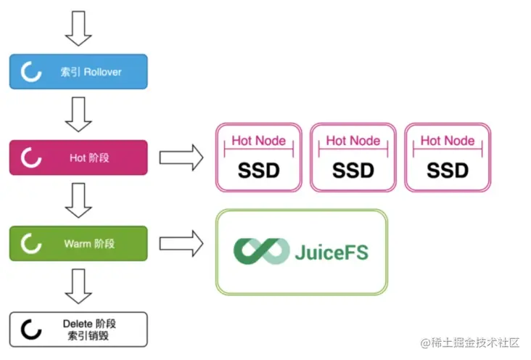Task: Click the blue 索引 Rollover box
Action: [x=78, y=72]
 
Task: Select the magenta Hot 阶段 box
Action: [x=78, y=157]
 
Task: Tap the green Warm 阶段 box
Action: [x=78, y=244]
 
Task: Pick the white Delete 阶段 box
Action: [x=78, y=330]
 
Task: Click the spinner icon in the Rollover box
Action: [x=30, y=72]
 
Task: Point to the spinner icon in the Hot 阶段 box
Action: [x=30, y=157]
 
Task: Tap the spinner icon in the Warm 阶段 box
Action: [x=30, y=244]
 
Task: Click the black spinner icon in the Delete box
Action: [x=30, y=330]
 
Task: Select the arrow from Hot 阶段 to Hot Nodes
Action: [x=181, y=157]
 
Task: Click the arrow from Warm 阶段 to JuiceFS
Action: [x=181, y=244]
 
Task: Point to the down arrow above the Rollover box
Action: [x=78, y=27]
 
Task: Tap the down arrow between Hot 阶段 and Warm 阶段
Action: [x=78, y=200]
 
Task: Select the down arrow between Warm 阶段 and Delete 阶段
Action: [x=78, y=287]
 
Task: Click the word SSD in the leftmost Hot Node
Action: [x=259, y=171]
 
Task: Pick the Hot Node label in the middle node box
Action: [x=353, y=141]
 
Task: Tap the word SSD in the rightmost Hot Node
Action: [x=448, y=171]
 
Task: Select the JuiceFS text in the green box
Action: [x=332, y=252]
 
